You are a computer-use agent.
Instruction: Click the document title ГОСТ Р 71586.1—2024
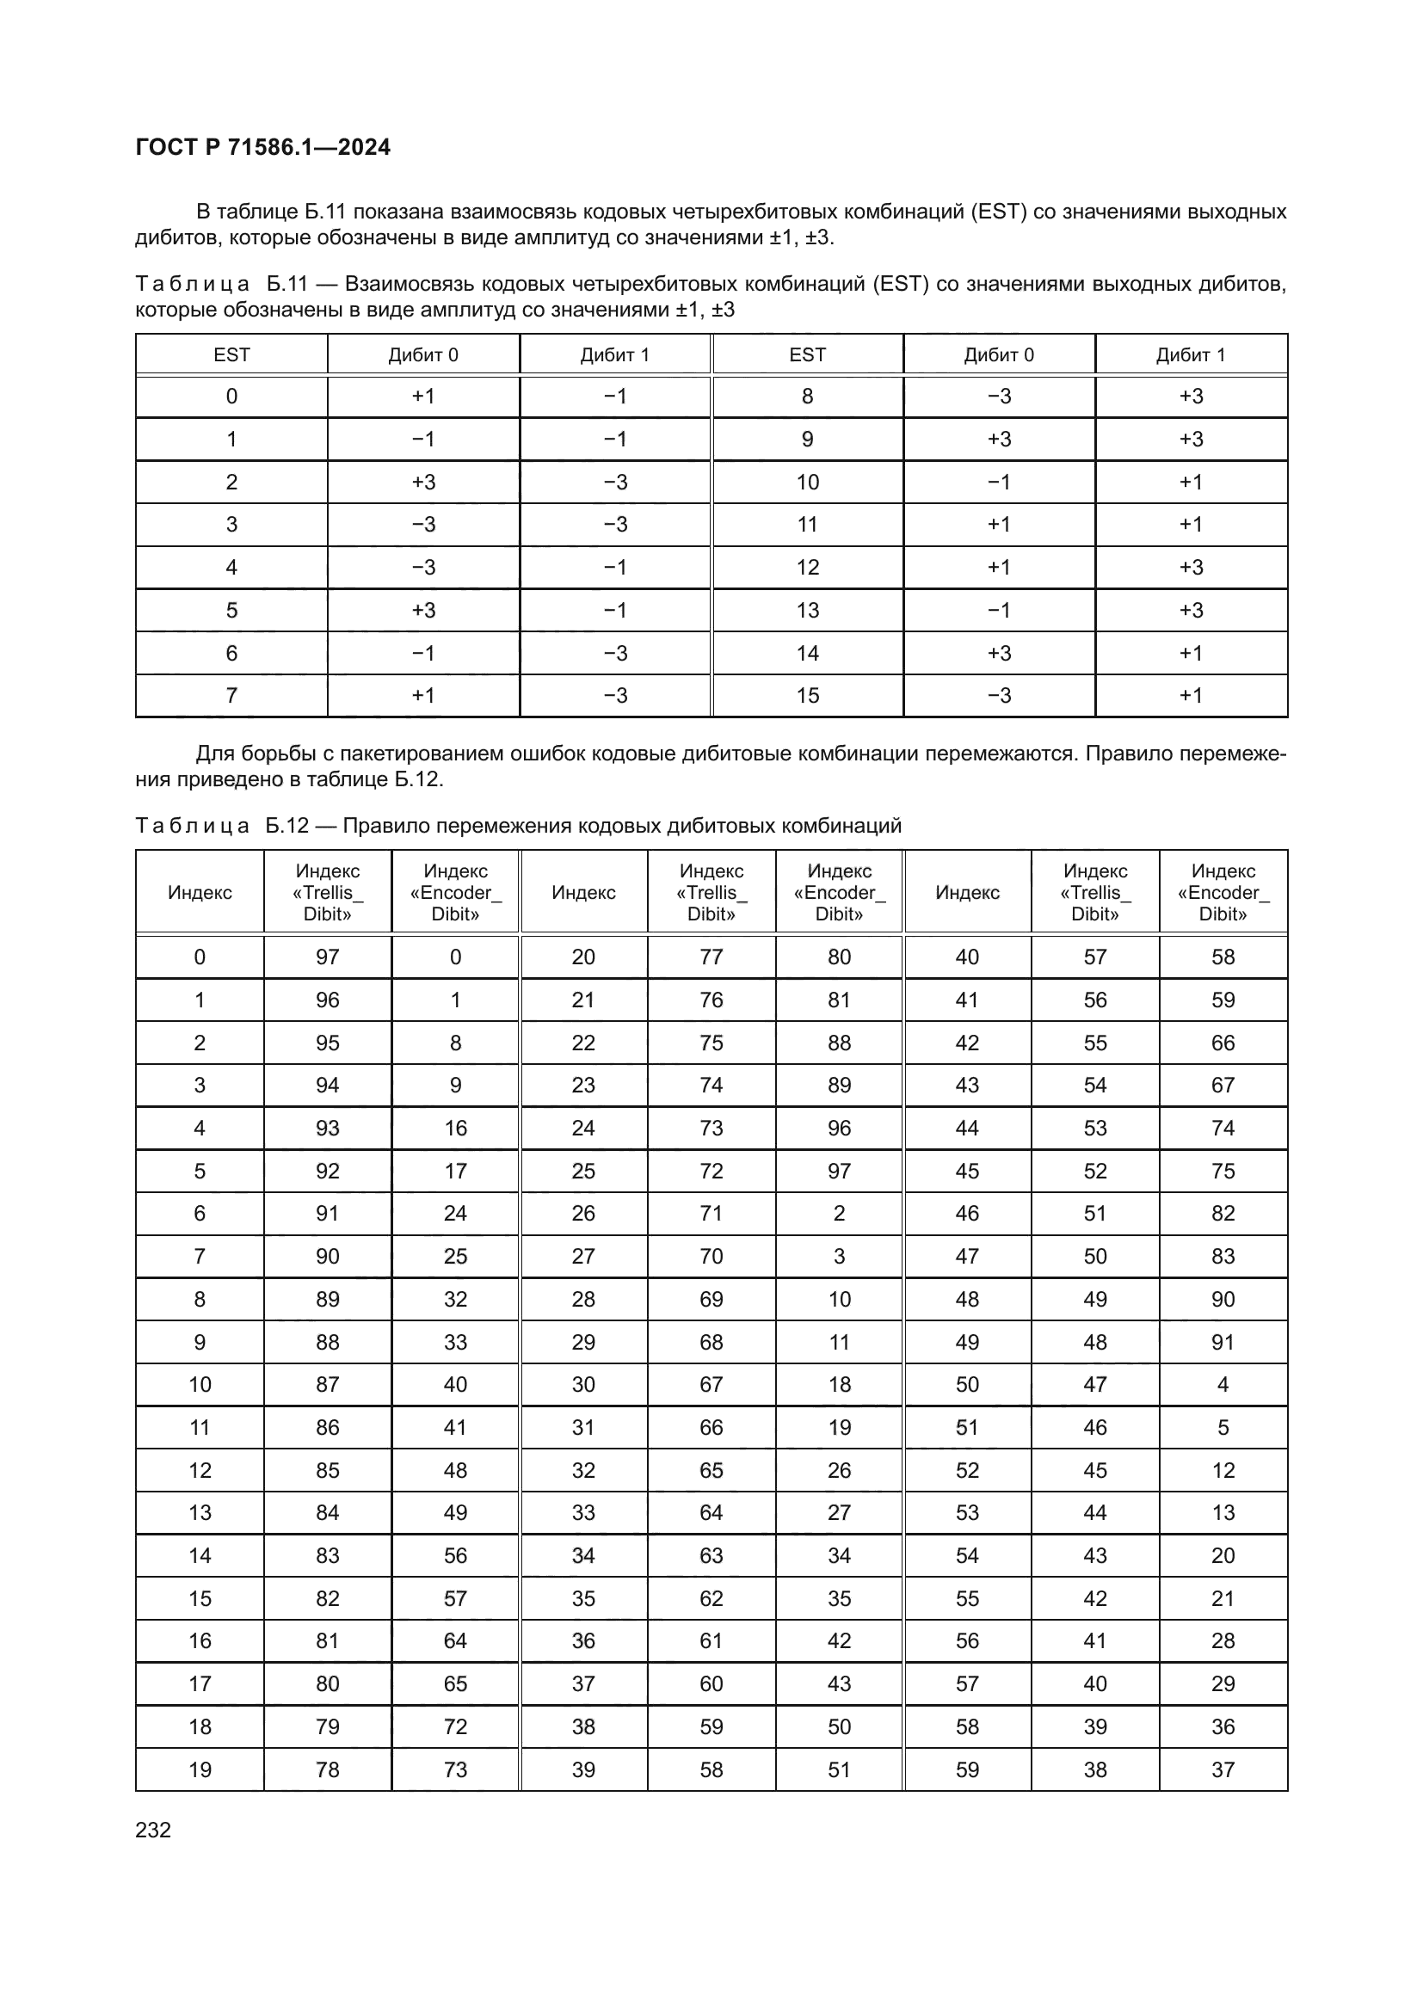pos(263,147)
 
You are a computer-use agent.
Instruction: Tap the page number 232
pos(153,1830)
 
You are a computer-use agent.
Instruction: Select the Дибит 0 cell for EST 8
pos(999,396)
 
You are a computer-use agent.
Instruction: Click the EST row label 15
pos(807,695)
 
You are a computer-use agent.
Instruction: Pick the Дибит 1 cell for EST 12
pos(1191,567)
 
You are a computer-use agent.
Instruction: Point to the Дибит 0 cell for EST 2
pos(423,482)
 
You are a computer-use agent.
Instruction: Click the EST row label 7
pos(231,695)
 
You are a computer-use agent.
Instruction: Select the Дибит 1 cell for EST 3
pos(615,524)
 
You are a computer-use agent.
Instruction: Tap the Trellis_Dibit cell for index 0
pos(327,957)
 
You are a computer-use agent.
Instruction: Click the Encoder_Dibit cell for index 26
pos(839,1214)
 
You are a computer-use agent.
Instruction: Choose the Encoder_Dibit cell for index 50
pos(1223,1385)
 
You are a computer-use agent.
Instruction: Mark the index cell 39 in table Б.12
pos(582,1769)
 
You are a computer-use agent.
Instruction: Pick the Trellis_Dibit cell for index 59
pos(1094,1769)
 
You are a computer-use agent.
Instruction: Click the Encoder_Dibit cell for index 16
pos(455,1640)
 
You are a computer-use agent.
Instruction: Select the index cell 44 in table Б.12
pos(966,1128)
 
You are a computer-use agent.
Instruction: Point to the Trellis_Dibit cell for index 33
pos(711,1512)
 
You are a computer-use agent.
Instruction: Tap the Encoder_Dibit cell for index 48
pos(1223,1299)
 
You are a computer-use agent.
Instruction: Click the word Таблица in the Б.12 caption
pos(193,826)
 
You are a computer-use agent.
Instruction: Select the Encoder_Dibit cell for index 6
pos(455,1214)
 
